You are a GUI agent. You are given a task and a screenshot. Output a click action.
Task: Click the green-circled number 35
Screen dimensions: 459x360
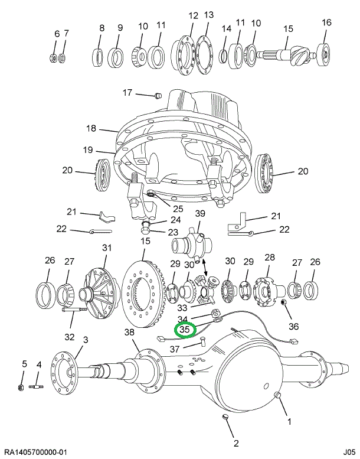184,330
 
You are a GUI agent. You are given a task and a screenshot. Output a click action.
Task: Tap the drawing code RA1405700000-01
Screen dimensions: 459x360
38,452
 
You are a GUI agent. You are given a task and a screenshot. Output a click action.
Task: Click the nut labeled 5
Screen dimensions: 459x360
19,388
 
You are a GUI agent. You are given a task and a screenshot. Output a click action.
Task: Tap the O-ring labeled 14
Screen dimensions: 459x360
224,56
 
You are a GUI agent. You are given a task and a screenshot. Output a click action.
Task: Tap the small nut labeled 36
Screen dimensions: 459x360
282,305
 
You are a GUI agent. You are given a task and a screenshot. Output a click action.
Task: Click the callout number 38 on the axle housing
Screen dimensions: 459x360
130,332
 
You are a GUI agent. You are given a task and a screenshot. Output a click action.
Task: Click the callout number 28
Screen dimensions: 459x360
270,257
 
